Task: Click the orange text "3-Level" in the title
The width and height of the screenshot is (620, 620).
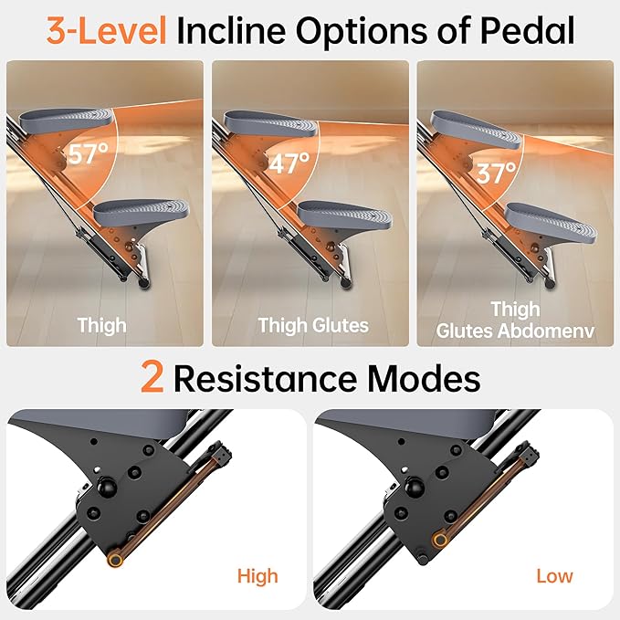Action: pyautogui.click(x=106, y=30)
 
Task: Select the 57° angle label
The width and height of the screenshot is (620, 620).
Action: pyautogui.click(x=89, y=153)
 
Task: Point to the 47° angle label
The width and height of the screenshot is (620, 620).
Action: pyautogui.click(x=289, y=163)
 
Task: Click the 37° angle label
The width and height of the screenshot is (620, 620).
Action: pyautogui.click(x=496, y=173)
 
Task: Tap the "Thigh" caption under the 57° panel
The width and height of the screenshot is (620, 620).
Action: pyautogui.click(x=102, y=325)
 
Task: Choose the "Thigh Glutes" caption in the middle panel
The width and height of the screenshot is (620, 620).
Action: pyautogui.click(x=313, y=325)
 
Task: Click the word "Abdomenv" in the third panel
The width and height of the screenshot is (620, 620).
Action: pyautogui.click(x=546, y=331)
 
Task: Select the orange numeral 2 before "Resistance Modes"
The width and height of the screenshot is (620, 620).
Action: pyautogui.click(x=152, y=378)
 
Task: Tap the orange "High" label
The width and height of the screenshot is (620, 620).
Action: pyautogui.click(x=257, y=576)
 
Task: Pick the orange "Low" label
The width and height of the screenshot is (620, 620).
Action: pyautogui.click(x=554, y=575)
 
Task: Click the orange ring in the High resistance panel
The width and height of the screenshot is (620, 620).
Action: pyautogui.click(x=115, y=559)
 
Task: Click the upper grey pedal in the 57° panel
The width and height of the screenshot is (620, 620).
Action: pyautogui.click(x=67, y=117)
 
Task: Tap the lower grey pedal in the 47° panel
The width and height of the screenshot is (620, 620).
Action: pyautogui.click(x=345, y=215)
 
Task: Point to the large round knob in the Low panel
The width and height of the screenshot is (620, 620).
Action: pyautogui.click(x=414, y=488)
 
